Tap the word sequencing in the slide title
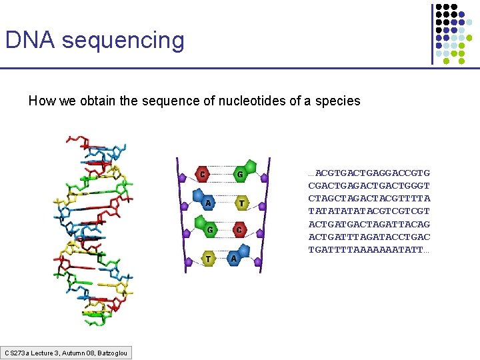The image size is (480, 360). coord(123,41)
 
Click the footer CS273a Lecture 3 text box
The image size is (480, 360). coord(67,353)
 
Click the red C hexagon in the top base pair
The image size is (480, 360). coord(203,175)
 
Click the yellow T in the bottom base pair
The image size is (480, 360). coord(209,259)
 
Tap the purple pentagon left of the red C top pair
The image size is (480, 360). coord(183,177)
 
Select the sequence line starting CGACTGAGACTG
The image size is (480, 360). coord(369,186)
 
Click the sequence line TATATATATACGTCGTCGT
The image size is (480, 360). coord(369,211)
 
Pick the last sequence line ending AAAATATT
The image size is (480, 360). coord(369,249)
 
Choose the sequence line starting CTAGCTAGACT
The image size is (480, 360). coord(369,199)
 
